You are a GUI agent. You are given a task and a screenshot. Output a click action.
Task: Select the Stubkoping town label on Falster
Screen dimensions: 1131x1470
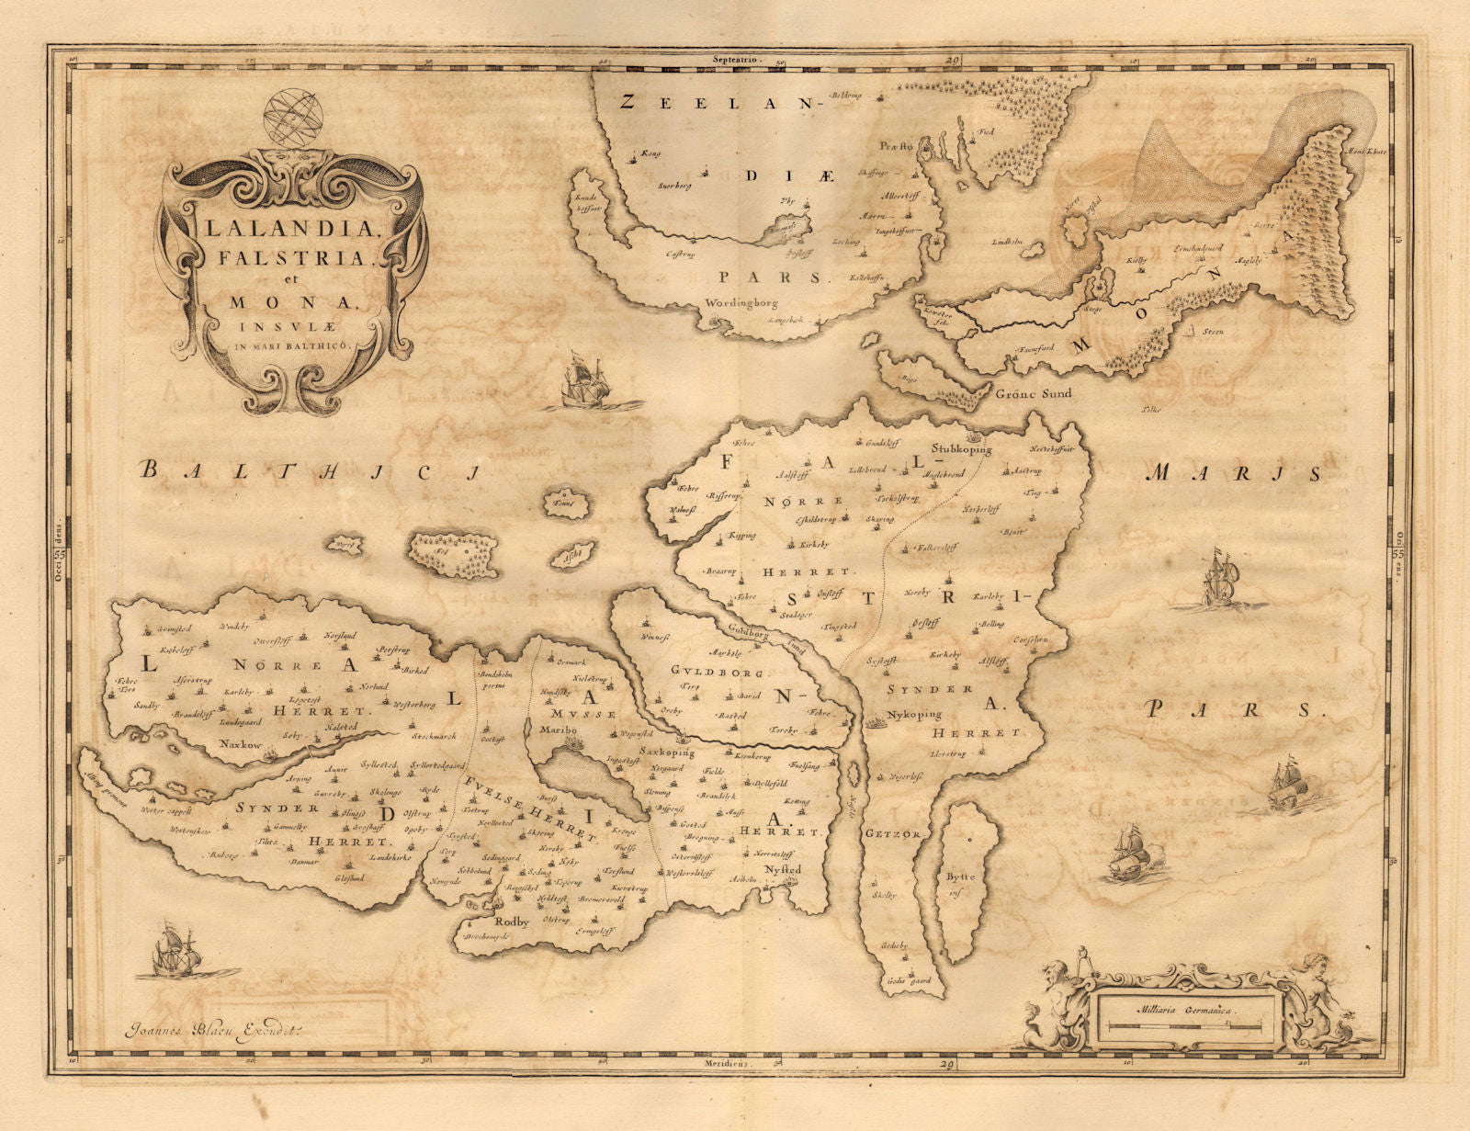(963, 449)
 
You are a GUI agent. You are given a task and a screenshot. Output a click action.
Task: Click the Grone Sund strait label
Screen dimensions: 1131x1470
(1034, 393)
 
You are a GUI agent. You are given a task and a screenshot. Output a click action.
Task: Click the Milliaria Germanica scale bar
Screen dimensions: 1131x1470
(1184, 1023)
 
